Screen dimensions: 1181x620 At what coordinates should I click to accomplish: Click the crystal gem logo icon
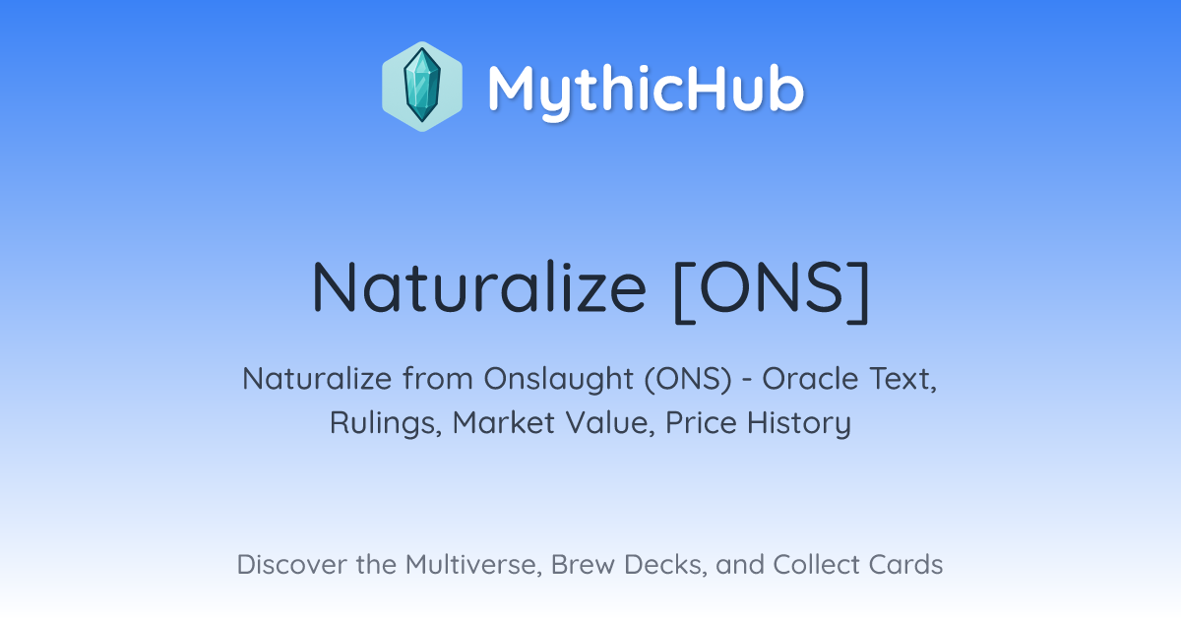click(x=422, y=87)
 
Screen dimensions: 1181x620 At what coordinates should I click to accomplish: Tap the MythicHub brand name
click(x=646, y=89)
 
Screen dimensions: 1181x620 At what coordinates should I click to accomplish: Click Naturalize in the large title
click(x=478, y=287)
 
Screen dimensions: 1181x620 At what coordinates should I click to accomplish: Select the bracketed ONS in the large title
click(x=772, y=291)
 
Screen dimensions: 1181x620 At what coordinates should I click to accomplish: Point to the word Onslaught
click(x=558, y=380)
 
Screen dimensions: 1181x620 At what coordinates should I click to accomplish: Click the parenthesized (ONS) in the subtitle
click(x=688, y=380)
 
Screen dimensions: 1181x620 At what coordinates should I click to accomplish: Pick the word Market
click(x=504, y=423)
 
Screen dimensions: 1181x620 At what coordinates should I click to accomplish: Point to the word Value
click(x=610, y=423)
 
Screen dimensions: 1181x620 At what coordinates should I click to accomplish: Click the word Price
click(x=701, y=423)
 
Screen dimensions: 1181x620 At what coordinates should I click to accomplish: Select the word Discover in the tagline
click(x=291, y=565)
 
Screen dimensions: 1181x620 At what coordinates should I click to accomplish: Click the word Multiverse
click(x=473, y=565)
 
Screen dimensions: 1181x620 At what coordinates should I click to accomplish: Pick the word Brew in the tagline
click(x=583, y=565)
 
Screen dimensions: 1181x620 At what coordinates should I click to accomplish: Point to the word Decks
click(x=665, y=565)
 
